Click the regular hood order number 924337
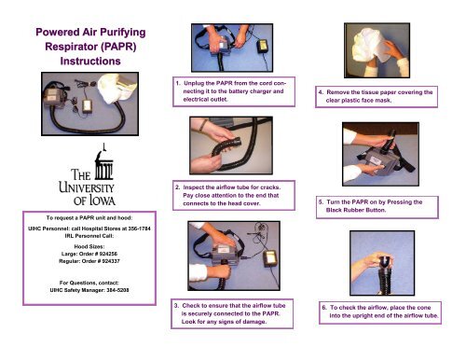coord(116,261)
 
